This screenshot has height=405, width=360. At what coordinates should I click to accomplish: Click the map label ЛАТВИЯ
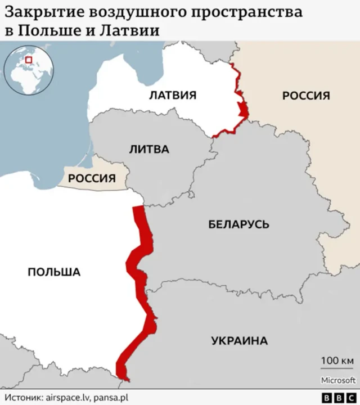(x=172, y=95)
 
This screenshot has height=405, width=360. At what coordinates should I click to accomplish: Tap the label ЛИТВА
(x=149, y=150)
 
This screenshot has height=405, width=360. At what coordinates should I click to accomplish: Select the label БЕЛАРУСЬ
(x=238, y=224)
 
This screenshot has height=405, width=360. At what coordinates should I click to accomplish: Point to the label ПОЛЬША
(x=54, y=272)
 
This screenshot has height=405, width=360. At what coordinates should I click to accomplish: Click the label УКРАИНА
(x=239, y=340)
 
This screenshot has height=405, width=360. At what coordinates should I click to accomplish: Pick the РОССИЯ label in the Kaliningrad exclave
(x=92, y=179)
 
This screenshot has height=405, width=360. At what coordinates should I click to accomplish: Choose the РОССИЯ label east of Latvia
(x=306, y=95)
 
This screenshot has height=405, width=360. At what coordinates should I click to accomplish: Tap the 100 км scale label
(x=337, y=360)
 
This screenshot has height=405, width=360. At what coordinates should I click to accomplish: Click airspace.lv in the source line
(x=68, y=397)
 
